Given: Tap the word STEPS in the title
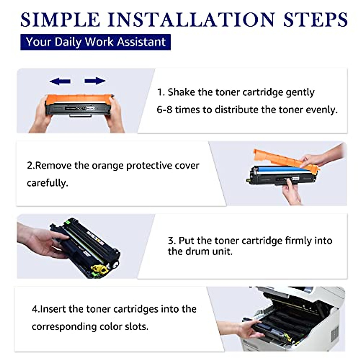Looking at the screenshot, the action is (315, 19).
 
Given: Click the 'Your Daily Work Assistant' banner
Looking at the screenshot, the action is (95, 42).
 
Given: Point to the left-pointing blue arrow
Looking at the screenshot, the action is (60, 81).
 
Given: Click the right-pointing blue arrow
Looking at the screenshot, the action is (95, 81).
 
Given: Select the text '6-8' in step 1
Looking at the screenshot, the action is (164, 110).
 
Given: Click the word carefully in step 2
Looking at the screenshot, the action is (47, 183).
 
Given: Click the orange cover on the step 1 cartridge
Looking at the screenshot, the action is (79, 99).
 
